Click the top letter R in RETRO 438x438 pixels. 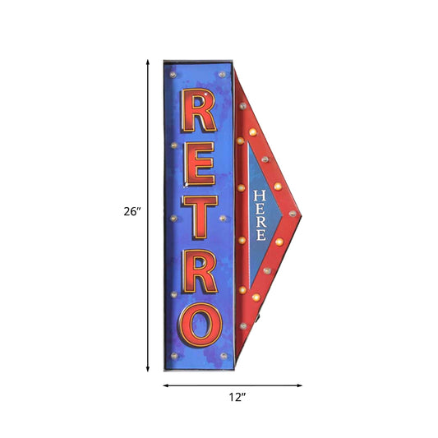click(199, 112)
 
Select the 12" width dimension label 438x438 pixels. click(236, 397)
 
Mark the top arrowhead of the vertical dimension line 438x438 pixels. click(149, 62)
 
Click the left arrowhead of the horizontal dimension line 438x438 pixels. click(165, 385)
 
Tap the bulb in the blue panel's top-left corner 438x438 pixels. click(174, 74)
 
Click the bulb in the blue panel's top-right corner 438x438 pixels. click(223, 74)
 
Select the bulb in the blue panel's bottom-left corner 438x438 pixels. click(174, 357)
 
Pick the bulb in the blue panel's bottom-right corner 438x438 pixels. click(224, 357)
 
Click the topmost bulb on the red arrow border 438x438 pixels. click(241, 106)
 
